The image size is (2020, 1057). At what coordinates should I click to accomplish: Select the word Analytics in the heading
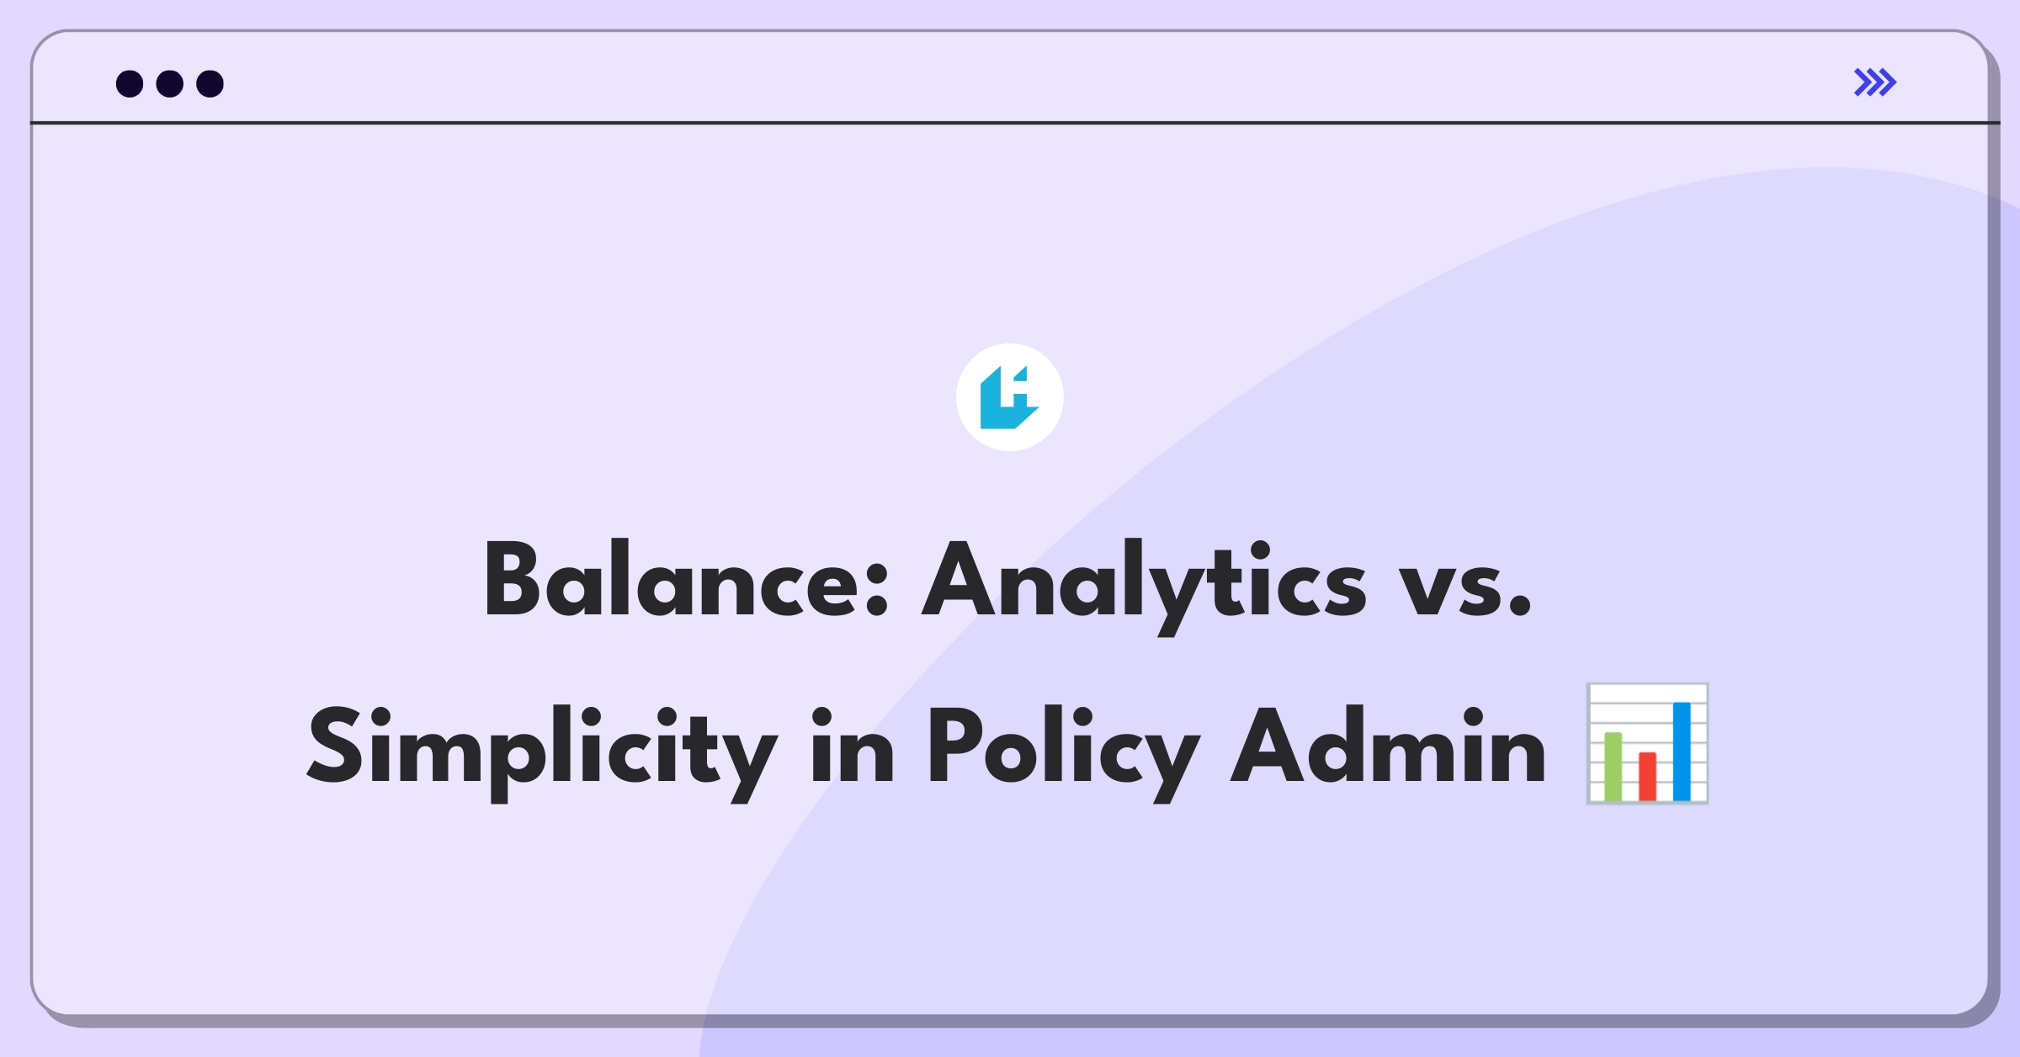(1144, 587)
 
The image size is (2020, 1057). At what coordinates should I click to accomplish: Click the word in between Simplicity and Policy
(852, 746)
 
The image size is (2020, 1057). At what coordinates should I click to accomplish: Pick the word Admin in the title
(1388, 744)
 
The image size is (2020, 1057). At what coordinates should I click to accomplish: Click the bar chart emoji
(1647, 744)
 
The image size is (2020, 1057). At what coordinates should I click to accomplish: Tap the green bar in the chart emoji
(1613, 767)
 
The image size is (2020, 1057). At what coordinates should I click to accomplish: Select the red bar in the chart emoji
(1647, 777)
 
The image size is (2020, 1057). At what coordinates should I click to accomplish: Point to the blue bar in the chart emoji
(1682, 752)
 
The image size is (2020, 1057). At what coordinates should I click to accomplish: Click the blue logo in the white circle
(1009, 397)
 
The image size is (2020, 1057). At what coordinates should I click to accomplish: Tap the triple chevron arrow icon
(1875, 82)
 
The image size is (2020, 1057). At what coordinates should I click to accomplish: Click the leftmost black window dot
(130, 83)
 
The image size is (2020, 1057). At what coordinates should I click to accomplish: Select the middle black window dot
(170, 83)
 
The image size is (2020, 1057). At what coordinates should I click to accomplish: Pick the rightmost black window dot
(210, 83)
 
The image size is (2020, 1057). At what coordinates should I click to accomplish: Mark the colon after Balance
(877, 588)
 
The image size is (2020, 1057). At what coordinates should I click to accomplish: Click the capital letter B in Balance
(512, 579)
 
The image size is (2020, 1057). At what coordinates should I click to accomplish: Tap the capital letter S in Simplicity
(335, 745)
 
